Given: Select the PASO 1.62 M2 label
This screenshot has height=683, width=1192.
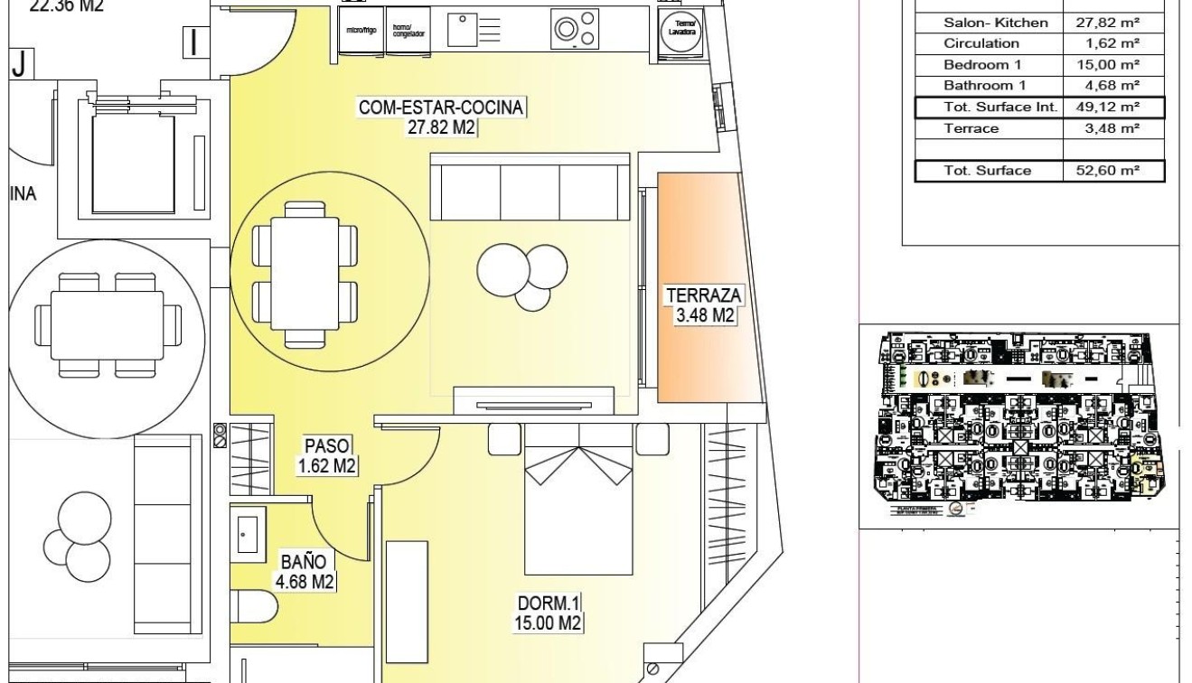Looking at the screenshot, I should (327, 455).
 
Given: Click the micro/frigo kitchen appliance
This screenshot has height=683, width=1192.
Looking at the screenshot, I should (361, 31).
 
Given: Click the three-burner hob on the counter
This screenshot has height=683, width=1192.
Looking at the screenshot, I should (574, 26).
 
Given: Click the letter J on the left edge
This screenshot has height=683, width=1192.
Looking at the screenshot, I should (18, 65).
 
